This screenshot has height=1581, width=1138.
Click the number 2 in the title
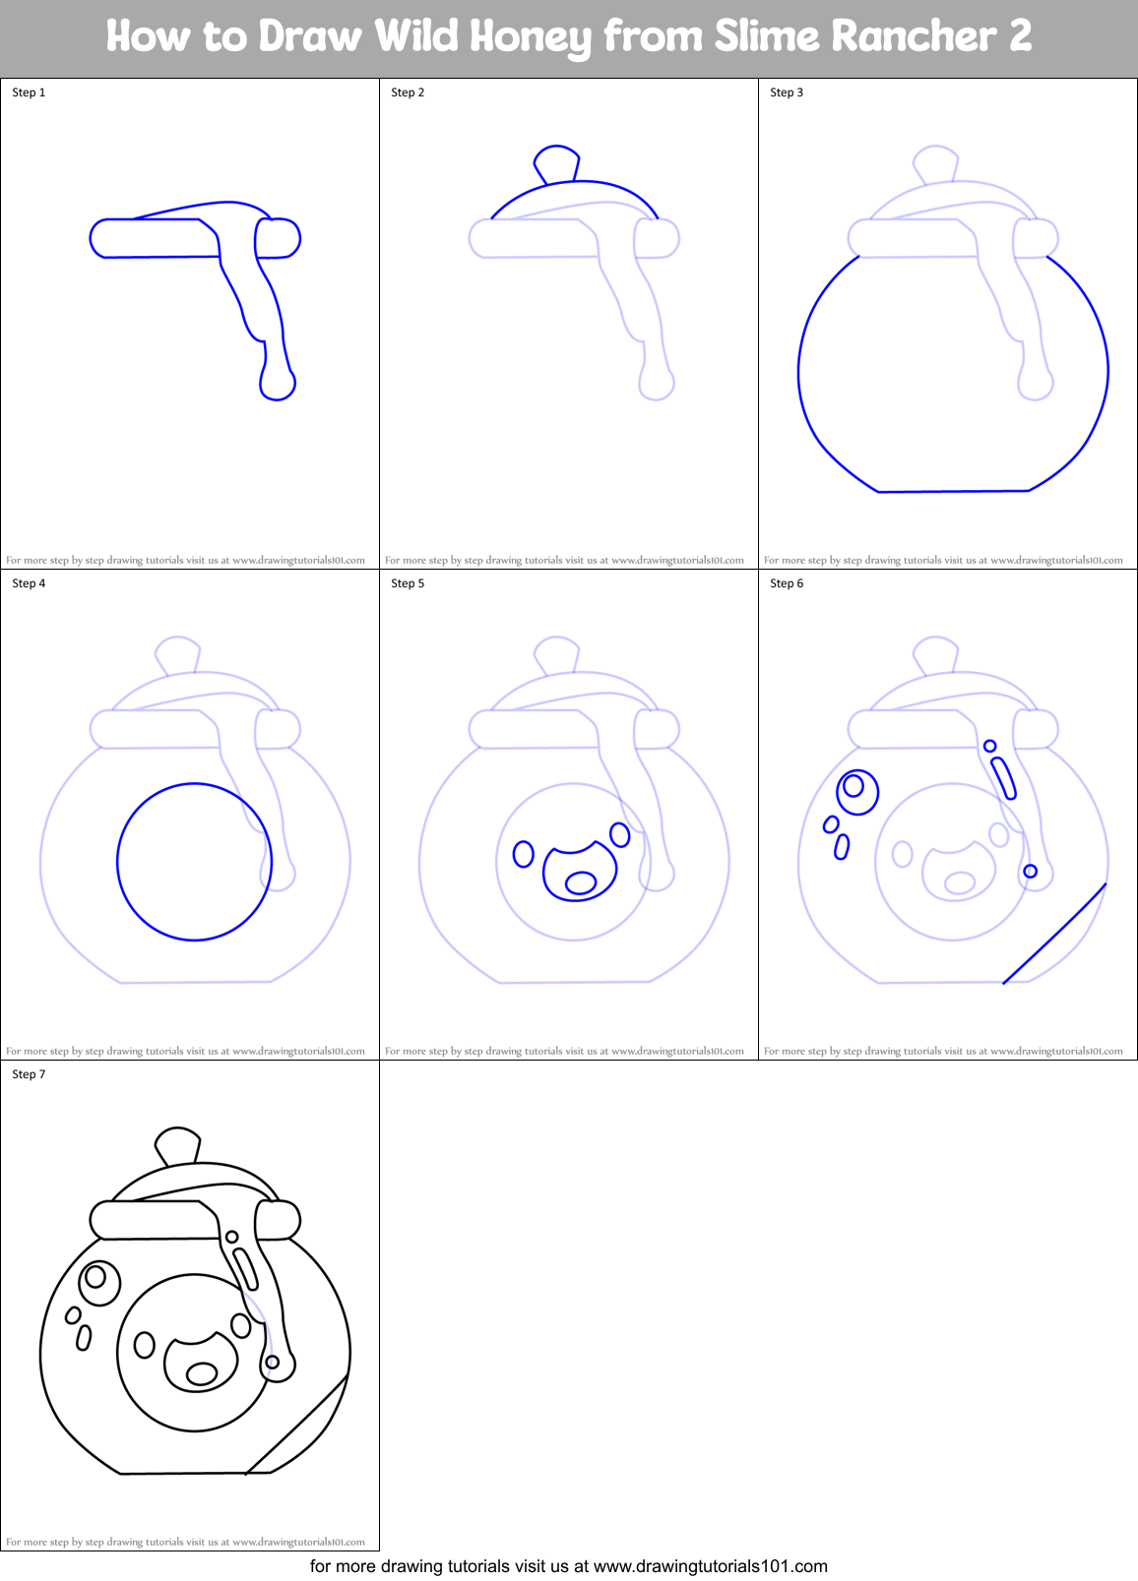pyautogui.click(x=1020, y=37)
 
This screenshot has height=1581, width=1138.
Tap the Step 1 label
pyautogui.click(x=29, y=92)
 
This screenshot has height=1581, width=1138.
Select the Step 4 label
pyautogui.click(x=29, y=583)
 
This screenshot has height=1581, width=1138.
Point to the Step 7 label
pyautogui.click(x=29, y=1074)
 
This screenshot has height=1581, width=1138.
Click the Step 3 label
pyautogui.click(x=787, y=92)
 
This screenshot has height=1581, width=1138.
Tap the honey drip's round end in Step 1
pyautogui.click(x=278, y=385)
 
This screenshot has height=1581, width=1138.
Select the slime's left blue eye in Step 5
pyautogui.click(x=524, y=853)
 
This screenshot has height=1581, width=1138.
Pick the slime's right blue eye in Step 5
pyautogui.click(x=620, y=834)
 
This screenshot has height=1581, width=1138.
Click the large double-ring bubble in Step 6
pyautogui.click(x=856, y=791)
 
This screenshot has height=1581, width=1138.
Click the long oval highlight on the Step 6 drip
pyautogui.click(x=1003, y=778)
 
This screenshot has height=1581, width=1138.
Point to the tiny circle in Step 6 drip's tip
pyautogui.click(x=1030, y=871)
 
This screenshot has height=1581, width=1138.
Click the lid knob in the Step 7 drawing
pyautogui.click(x=178, y=1145)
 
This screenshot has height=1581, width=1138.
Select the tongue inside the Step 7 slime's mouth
pyautogui.click(x=202, y=1372)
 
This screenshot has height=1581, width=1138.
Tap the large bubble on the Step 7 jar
pyautogui.click(x=98, y=1282)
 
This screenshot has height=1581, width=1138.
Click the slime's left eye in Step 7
pyautogui.click(x=145, y=1344)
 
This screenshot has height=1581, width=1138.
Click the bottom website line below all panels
pyautogui.click(x=569, y=1565)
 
